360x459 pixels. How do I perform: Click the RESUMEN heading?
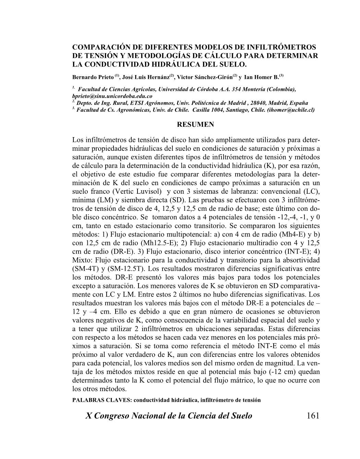pyautogui.click(x=195, y=124)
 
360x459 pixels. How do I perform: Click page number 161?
pyautogui.click(x=313, y=416)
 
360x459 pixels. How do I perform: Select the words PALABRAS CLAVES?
pyautogui.click(x=102, y=400)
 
